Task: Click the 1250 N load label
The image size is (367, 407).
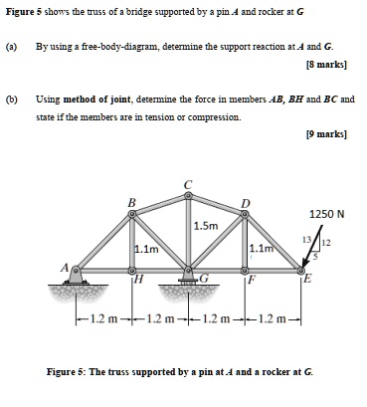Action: click(327, 213)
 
